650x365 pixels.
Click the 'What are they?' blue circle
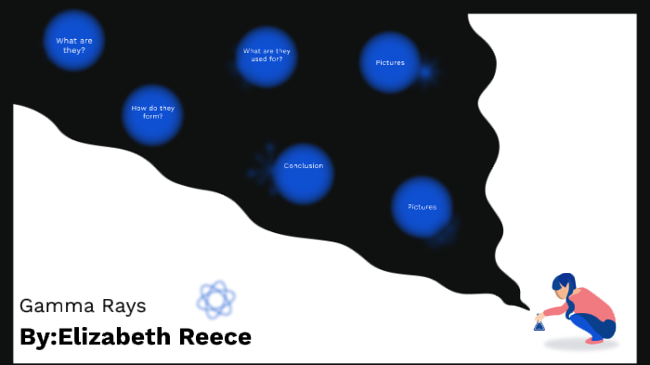tap(73, 42)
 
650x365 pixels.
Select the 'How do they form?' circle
tap(152, 113)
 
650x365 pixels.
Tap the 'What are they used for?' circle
tap(266, 56)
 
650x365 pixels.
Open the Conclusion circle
tap(304, 173)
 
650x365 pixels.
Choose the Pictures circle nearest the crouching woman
tap(422, 206)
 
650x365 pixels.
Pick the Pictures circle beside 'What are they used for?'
tap(390, 62)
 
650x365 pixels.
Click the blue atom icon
tap(215, 299)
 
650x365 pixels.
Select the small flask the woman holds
tap(539, 324)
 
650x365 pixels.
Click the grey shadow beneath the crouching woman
tap(580, 345)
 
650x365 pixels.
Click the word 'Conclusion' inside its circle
tap(304, 166)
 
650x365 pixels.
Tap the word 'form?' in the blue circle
tap(153, 117)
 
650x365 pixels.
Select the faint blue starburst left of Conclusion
tap(264, 163)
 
